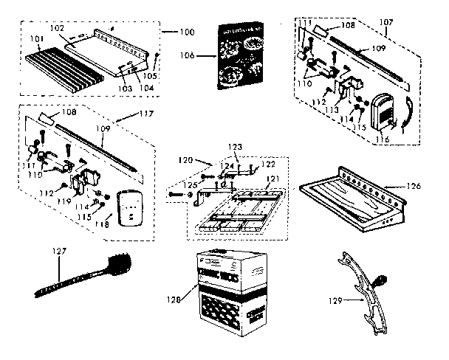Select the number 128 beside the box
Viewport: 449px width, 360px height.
(x=173, y=300)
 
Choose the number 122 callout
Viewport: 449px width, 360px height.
(x=268, y=164)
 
